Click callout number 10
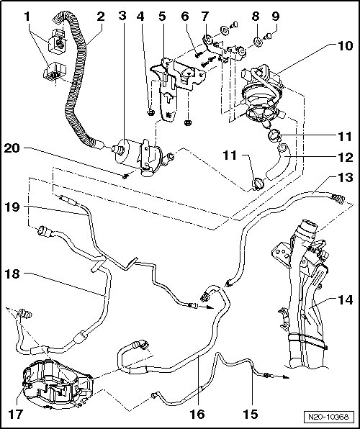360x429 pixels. point(345,45)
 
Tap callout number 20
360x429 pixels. point(12,148)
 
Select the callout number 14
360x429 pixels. point(345,300)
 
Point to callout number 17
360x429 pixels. point(15,414)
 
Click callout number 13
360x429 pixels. point(345,178)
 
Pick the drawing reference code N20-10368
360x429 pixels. point(328,417)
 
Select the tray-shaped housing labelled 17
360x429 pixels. point(58,386)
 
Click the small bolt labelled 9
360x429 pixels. point(268,35)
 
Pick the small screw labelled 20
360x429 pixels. point(125,176)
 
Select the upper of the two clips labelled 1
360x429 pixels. point(58,41)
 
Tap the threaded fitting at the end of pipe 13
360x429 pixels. point(338,199)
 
